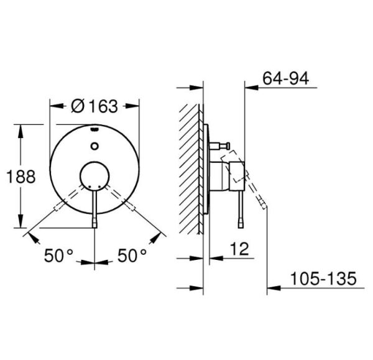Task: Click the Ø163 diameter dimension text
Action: click(x=94, y=106)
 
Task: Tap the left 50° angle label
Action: click(x=58, y=255)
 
